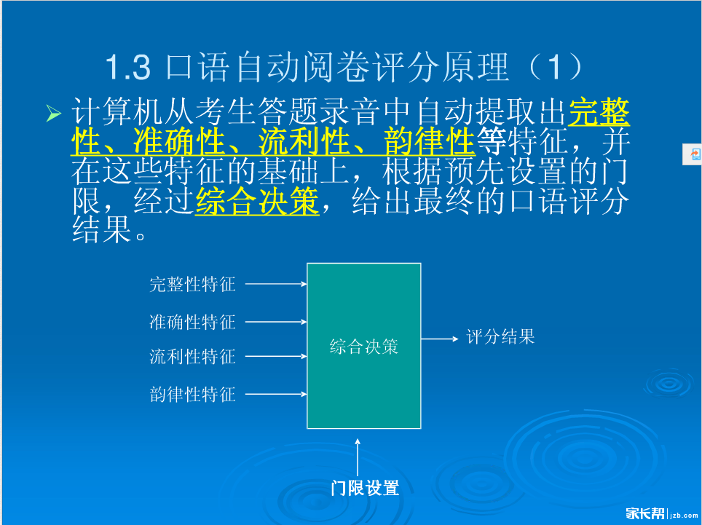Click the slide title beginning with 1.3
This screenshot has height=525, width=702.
point(344,67)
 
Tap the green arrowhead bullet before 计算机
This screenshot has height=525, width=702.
point(54,114)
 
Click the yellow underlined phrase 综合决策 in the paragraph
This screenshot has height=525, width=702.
point(257,202)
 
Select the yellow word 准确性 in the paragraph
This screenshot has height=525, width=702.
point(178,141)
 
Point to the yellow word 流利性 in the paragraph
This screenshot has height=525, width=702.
point(304,141)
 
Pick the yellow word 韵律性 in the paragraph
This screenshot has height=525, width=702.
point(430,141)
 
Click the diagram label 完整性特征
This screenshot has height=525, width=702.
point(192,284)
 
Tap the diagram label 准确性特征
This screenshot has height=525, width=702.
point(192,322)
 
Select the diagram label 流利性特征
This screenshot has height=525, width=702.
point(192,357)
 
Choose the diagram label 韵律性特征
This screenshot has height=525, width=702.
point(192,395)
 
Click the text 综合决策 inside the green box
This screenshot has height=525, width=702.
point(364,347)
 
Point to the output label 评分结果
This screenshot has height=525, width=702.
point(500,336)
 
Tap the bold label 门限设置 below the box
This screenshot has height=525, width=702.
point(365,488)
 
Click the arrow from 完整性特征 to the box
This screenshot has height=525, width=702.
point(276,284)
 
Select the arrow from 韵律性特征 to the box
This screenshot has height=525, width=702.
point(276,395)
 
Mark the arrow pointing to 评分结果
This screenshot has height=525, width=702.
point(440,339)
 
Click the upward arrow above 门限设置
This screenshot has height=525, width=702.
point(358,457)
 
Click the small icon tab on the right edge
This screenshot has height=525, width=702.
point(693,154)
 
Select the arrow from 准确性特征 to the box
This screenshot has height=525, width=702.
point(276,322)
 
